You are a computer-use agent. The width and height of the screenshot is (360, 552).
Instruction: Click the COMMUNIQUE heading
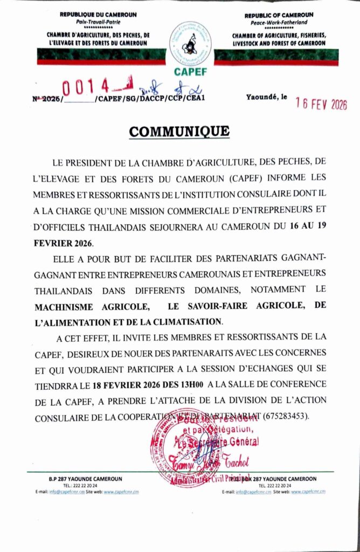click(179, 132)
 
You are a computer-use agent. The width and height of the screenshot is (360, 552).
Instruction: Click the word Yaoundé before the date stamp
click(262, 98)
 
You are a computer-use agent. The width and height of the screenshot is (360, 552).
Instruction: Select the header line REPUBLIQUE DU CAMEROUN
click(98, 14)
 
